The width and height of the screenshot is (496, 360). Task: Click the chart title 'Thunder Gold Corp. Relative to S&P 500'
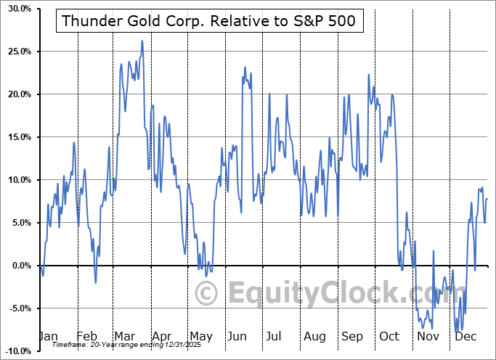209,21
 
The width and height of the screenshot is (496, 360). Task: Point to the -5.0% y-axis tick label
17,308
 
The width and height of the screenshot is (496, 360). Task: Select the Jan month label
47,337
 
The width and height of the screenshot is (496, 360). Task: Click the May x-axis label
201,337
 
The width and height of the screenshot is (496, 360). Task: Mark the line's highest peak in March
142,41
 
